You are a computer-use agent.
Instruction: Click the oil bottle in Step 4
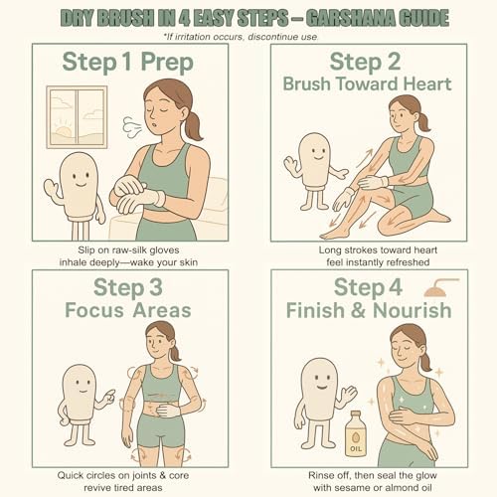point(355,434)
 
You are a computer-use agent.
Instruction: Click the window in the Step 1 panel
point(77,117)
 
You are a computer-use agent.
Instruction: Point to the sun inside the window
point(64,132)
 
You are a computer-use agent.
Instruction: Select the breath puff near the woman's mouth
point(132,127)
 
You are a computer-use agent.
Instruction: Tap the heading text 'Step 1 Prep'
point(128,63)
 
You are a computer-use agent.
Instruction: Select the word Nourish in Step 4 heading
point(413,311)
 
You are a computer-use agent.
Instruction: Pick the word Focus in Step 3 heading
point(94,311)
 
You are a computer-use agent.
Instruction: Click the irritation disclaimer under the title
point(242,37)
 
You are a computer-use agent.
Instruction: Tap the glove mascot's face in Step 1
point(80,178)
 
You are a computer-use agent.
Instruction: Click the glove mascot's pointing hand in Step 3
point(107,397)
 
